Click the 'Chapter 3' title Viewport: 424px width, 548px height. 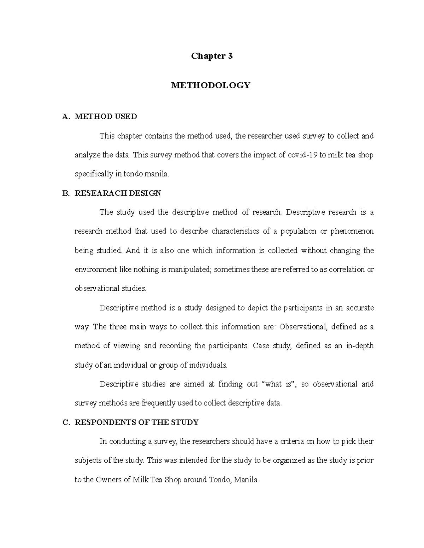pyautogui.click(x=212, y=56)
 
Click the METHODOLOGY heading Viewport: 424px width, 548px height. pyautogui.click(x=211, y=85)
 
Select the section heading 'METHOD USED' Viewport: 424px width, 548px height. pyautogui.click(x=106, y=116)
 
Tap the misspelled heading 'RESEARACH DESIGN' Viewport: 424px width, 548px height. pyautogui.click(x=118, y=193)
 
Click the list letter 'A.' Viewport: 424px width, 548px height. pyautogui.click(x=66, y=117)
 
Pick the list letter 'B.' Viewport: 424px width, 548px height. pyautogui.click(x=66, y=193)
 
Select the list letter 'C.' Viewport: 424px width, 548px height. pyautogui.click(x=66, y=423)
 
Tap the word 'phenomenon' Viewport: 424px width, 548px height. pyautogui.click(x=352, y=231)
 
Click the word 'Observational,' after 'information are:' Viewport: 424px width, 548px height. pyautogui.click(x=303, y=327)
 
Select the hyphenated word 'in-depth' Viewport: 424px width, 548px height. pyautogui.click(x=359, y=346)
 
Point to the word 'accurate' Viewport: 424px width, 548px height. pyautogui.click(x=359, y=308)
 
